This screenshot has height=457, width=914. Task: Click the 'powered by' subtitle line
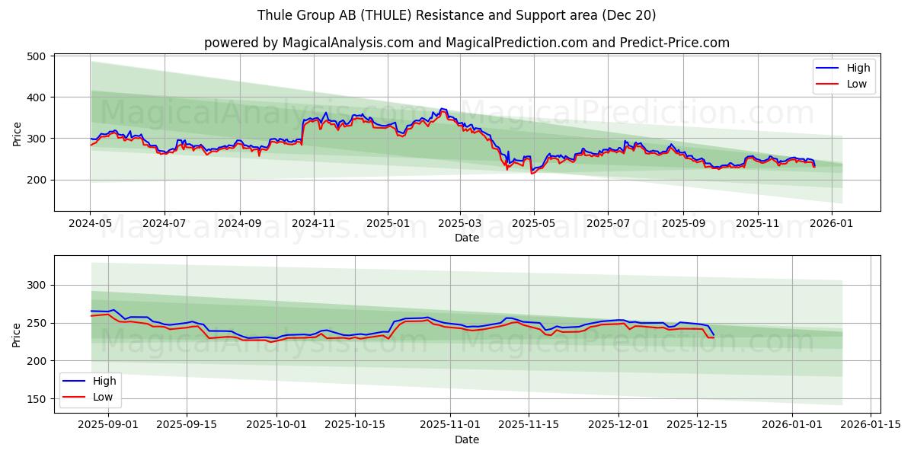coord(467,43)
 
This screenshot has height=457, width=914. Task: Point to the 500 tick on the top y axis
coord(37,56)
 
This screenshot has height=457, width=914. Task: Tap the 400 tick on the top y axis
coord(37,97)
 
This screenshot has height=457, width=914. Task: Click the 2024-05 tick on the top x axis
coord(91,224)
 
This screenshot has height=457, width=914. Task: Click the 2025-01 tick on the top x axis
coord(387,224)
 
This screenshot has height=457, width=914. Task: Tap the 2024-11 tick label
coord(314,224)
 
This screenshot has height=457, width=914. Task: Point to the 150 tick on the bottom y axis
coord(37,399)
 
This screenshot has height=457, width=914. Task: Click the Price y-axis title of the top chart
coord(17,134)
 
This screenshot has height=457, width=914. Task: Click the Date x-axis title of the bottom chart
coord(467,439)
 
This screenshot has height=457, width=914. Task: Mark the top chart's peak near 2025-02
coord(442,109)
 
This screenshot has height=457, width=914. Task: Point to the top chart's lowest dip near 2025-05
coord(532,173)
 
